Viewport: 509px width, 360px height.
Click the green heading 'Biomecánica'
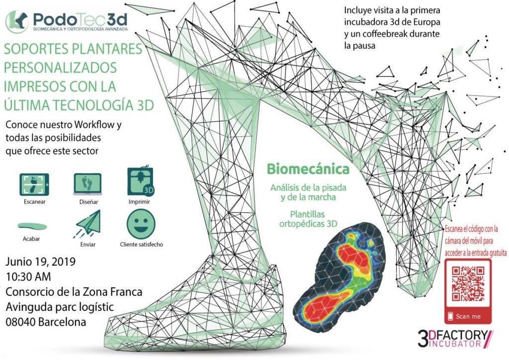[x=308, y=169]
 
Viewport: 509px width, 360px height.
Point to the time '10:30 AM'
[x=28, y=275]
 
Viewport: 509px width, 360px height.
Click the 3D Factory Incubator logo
[x=455, y=338]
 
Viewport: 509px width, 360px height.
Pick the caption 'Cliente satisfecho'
[x=141, y=244]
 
